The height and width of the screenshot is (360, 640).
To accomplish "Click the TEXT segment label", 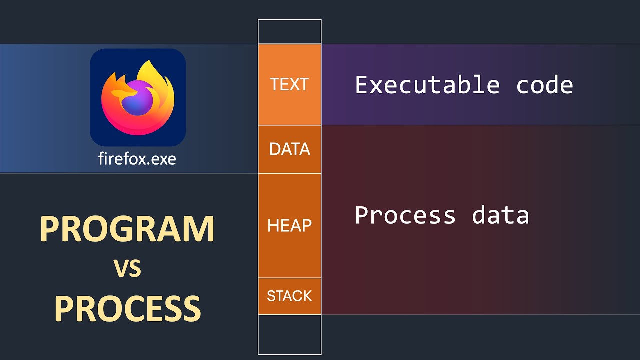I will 289,84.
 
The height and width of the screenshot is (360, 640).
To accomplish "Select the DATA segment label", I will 289,149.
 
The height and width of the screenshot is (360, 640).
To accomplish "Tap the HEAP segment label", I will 289,226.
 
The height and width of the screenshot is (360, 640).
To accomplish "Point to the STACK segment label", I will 289,296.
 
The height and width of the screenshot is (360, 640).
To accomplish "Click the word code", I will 544,85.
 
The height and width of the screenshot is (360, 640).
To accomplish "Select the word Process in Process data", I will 405,215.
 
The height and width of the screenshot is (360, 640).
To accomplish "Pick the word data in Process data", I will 500,215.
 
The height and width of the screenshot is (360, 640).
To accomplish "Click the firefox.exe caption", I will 137,159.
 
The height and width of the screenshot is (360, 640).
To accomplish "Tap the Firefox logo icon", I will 138,97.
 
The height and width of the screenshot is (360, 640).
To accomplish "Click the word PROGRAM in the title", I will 127,229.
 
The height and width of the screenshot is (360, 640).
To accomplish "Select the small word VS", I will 127,269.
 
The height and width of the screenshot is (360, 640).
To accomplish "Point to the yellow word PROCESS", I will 127,308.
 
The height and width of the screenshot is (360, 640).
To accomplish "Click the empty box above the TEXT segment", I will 289,32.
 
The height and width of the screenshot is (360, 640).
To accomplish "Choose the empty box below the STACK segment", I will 289,334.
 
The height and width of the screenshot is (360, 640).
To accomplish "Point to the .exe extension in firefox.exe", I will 161,159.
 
